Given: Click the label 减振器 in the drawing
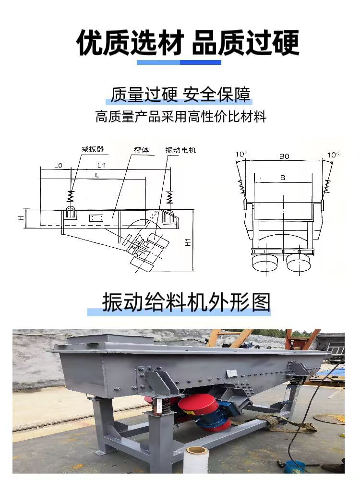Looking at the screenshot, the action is (93, 149).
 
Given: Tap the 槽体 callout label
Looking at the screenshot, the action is (142, 150).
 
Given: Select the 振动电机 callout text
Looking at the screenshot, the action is (180, 150).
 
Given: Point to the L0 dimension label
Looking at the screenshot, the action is (58, 166).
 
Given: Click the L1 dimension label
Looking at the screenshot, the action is (101, 165).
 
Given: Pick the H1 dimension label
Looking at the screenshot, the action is (188, 242).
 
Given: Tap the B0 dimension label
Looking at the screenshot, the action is (284, 156).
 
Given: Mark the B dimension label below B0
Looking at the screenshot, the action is (283, 178).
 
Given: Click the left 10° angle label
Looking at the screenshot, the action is (241, 154).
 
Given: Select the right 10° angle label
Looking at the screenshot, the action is (333, 155).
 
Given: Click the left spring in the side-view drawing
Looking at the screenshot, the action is (71, 196).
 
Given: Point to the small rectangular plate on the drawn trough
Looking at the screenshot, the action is (96, 218).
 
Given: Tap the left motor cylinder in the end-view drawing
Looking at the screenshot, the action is (265, 263).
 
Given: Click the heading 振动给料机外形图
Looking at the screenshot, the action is (186, 302).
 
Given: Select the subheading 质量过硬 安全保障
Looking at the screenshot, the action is (180, 94).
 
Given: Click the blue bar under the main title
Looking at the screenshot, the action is (179, 62).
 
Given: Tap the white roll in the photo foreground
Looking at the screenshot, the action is (196, 460).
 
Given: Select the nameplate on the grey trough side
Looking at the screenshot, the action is (231, 372).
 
